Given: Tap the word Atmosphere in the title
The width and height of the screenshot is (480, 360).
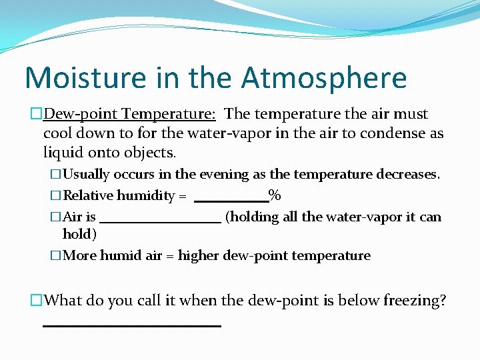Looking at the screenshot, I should point(323,77).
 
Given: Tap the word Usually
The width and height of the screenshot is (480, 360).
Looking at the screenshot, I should point(86,175).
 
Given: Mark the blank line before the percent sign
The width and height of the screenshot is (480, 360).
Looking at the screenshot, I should point(231,199).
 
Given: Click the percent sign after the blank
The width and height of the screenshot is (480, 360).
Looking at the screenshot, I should point(274,196).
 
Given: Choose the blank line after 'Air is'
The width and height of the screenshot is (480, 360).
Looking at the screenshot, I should point(159,221).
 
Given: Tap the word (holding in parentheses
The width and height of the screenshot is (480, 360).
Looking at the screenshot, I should point(251,217).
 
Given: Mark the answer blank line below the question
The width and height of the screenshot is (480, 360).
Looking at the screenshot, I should point(131,325).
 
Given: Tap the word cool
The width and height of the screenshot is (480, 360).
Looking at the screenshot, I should point(58,133).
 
